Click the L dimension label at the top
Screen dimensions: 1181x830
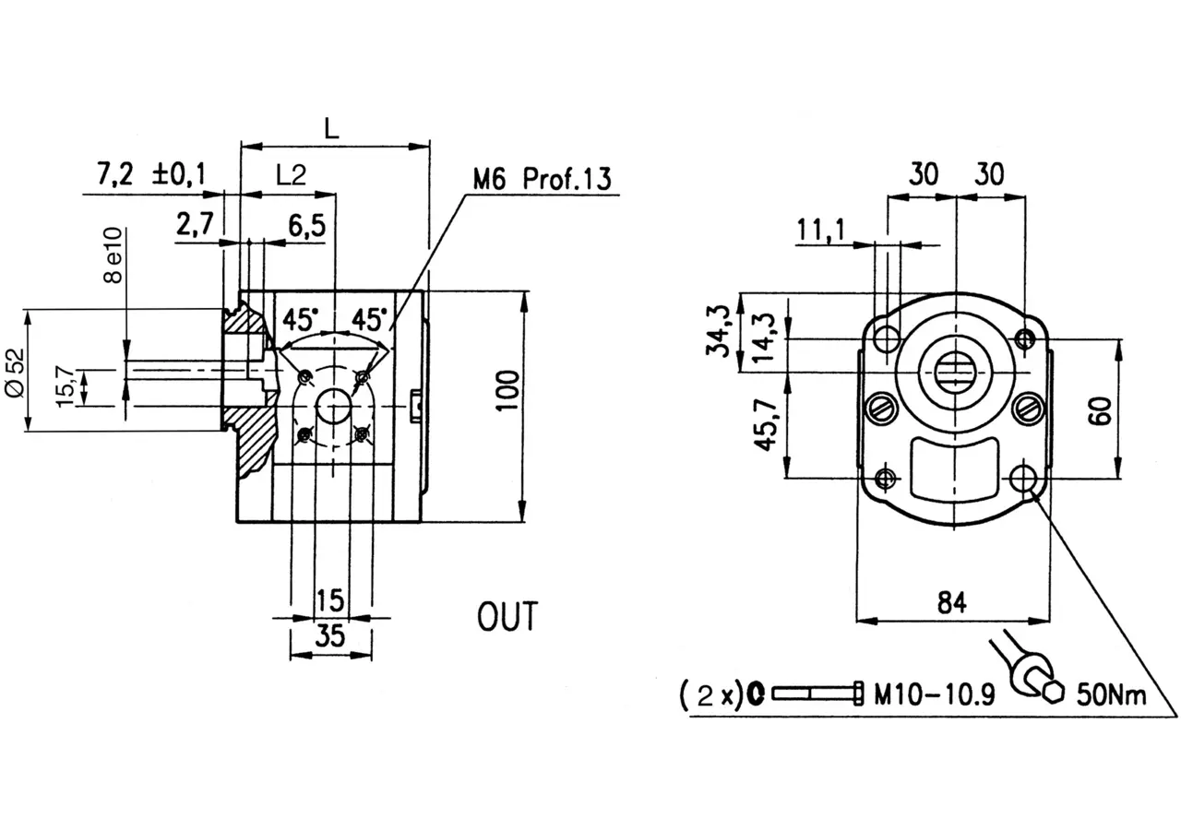point(331,127)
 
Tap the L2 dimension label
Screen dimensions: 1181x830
point(291,174)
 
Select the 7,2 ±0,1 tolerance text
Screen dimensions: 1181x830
point(150,174)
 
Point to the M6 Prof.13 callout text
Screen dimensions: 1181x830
point(542,179)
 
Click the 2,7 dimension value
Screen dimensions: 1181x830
point(195,224)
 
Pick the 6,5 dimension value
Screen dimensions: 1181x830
point(307,226)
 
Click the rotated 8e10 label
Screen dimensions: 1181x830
point(113,255)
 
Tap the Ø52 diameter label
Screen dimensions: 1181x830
point(14,372)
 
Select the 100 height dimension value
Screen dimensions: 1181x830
point(507,391)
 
